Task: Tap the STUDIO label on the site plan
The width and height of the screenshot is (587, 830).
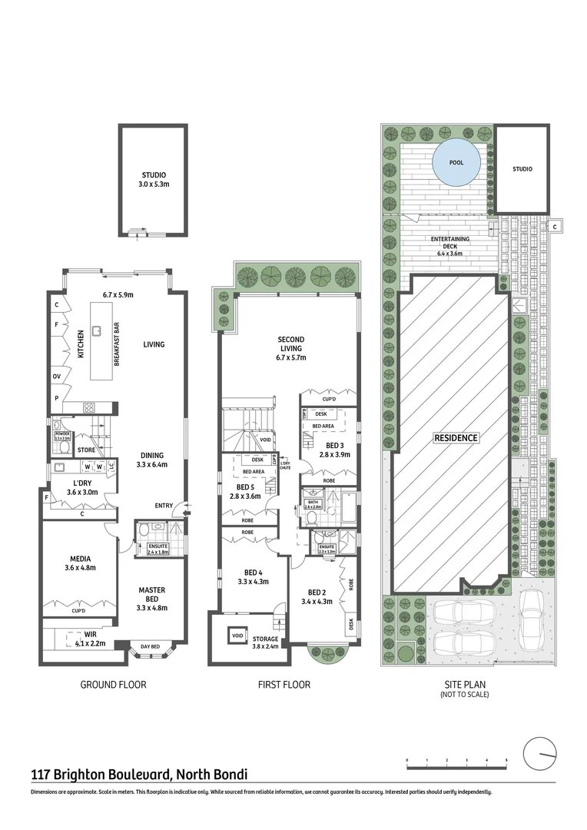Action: tap(522, 169)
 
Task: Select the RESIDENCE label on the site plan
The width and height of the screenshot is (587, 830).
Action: tap(456, 438)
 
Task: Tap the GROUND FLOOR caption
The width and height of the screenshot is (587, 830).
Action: tap(113, 685)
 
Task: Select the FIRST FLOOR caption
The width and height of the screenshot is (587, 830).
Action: tap(285, 685)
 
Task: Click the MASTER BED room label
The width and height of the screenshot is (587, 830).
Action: tap(152, 595)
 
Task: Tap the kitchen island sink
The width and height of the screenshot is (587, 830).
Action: tap(98, 331)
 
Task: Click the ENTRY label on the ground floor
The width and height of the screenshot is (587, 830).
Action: tap(164, 505)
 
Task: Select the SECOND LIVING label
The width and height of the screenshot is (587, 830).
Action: tap(291, 348)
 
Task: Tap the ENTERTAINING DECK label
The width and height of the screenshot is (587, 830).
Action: tap(453, 243)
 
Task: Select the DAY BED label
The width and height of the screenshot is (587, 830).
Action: tap(150, 647)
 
